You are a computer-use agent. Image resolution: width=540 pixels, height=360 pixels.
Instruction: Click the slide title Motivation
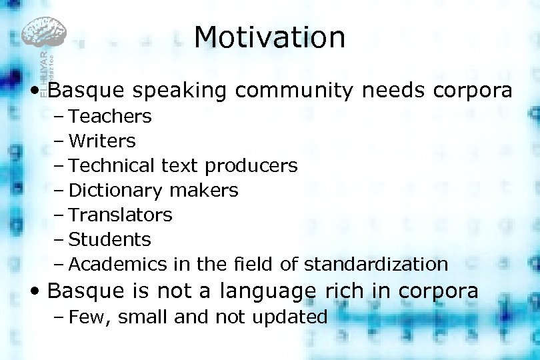coord(270,37)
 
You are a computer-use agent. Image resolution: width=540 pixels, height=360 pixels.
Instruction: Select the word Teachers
coord(110,117)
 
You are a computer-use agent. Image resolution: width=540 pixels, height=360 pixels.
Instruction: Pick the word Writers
coord(102,141)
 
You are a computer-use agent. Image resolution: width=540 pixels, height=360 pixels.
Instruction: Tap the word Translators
coord(120,215)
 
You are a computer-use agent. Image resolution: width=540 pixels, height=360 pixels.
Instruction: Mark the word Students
coord(110,240)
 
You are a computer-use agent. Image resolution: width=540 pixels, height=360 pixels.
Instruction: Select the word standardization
coord(376,265)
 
